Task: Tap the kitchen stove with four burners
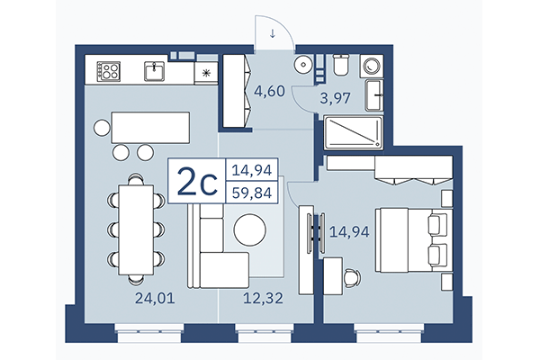(x=110, y=70)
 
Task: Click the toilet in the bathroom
(x=341, y=65)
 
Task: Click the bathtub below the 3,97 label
(x=353, y=134)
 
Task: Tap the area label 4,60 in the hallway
(x=269, y=90)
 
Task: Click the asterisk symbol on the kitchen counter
(x=207, y=73)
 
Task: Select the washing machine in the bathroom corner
(x=371, y=66)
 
